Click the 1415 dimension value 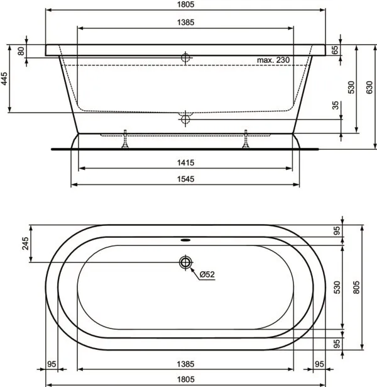coord(185,163)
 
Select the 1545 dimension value coord(185,179)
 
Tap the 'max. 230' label coord(273,60)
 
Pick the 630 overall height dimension coord(371,87)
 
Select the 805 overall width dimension coord(356,288)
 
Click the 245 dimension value coord(26,242)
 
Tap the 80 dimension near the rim coord(21,51)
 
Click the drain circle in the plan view coord(185,262)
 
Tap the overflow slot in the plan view coord(185,239)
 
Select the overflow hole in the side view coord(185,57)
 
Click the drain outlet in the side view coord(185,118)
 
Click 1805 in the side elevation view coord(185,4)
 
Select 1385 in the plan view coord(185,364)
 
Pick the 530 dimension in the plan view coord(337,288)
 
